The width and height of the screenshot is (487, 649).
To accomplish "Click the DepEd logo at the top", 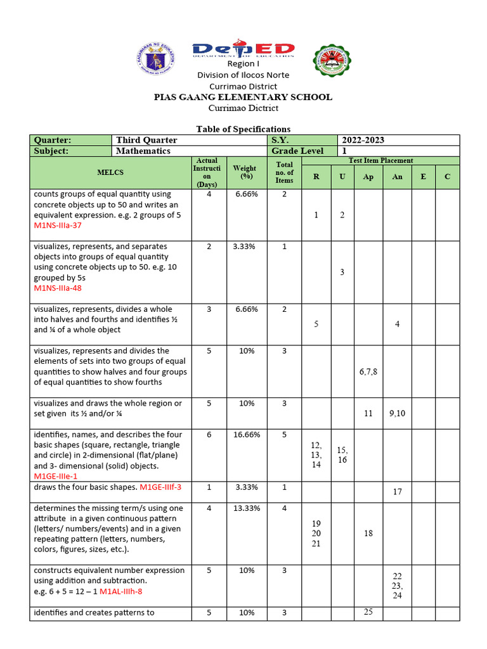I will point(243,50).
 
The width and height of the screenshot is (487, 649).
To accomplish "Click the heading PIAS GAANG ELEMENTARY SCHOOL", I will point(243,97).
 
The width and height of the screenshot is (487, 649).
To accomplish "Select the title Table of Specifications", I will point(243,129).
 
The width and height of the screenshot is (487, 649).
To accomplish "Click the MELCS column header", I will point(110,172).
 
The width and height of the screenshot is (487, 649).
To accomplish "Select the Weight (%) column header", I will point(245,172).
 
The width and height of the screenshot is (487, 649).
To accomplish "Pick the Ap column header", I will point(368,177).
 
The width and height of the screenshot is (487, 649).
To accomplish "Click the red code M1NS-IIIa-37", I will point(58,226).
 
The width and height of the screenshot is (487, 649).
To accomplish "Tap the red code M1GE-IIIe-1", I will point(58,476).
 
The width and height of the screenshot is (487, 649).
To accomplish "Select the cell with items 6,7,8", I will point(368,371).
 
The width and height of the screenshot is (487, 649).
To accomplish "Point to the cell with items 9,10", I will point(397,413).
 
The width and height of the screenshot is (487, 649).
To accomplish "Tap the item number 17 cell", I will point(397,491).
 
